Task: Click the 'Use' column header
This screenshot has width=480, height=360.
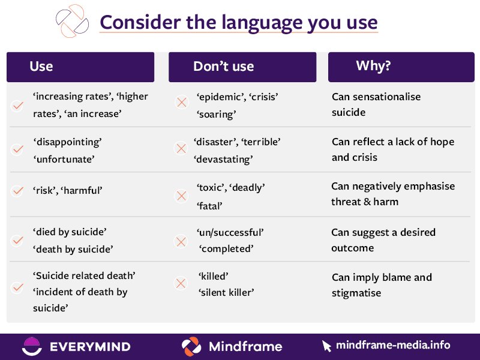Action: point(41,66)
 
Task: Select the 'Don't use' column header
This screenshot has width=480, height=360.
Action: point(223,66)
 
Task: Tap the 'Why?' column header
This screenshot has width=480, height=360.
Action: point(373,65)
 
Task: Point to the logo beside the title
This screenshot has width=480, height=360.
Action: point(71,21)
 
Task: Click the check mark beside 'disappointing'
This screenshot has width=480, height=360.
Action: point(17,149)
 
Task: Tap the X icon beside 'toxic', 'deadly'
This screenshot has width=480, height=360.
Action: point(181,196)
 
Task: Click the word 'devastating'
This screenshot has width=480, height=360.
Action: point(223,160)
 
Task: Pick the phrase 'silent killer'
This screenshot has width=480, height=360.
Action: point(226,292)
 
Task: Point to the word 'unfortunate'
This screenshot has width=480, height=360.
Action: point(64,160)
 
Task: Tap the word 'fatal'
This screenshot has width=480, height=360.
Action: point(209,205)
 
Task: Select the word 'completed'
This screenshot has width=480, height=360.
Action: point(227,247)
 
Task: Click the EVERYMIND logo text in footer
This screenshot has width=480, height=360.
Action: point(90,346)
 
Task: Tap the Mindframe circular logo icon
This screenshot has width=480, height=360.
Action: point(191,346)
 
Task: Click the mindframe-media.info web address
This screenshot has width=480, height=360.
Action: point(393,345)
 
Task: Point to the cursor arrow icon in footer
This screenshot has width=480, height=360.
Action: point(326,346)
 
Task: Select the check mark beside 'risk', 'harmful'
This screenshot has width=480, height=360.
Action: point(17,191)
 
